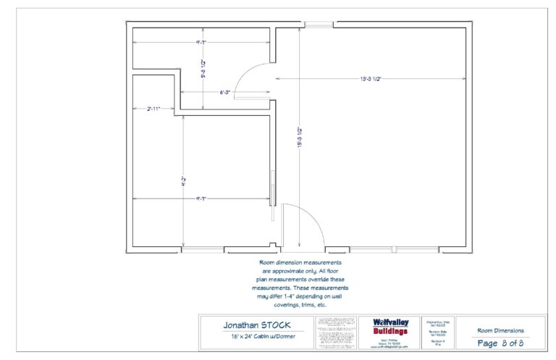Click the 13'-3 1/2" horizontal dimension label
(369, 78)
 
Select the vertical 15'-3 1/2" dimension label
(299, 138)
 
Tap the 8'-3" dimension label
(225, 92)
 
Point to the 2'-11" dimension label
(153, 109)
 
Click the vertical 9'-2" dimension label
(184, 183)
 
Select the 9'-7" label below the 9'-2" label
(202, 198)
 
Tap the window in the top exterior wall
(318, 25)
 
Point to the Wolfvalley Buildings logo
(390, 327)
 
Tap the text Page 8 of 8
(500, 343)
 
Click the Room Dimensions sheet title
(500, 330)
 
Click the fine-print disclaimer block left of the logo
(336, 333)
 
